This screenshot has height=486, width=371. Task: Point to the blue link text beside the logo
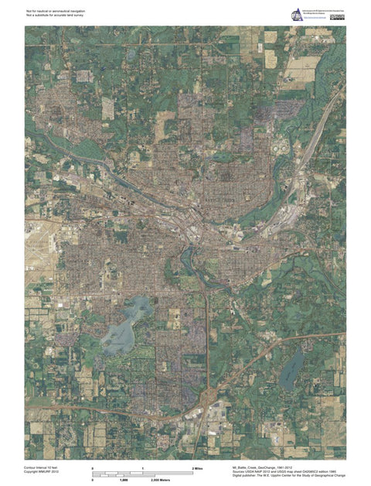click(318, 17)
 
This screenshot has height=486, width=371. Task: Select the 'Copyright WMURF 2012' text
click(42, 473)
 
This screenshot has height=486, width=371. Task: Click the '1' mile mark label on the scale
click(143, 469)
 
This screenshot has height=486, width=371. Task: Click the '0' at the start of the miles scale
click(93, 469)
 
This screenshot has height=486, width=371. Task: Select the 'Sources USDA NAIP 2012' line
click(281, 473)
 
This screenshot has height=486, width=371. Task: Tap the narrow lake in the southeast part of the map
click(292, 370)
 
